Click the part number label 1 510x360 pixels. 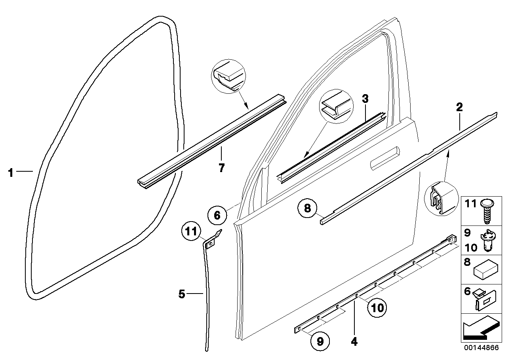click(11, 173)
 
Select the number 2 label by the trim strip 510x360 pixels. click(459, 107)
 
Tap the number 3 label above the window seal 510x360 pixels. click(365, 99)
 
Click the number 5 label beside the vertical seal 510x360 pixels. click(182, 294)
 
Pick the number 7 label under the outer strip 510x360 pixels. click(221, 168)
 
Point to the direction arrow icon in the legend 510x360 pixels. click(479, 328)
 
